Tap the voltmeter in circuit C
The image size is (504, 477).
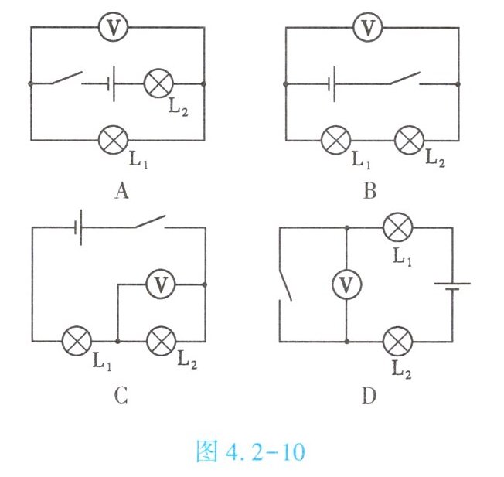[161, 284]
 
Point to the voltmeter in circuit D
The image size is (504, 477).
[347, 285]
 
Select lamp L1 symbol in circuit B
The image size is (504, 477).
[335, 140]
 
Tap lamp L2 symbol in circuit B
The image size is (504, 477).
[409, 140]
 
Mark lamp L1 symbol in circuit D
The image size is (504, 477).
[399, 228]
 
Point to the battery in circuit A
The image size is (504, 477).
[113, 83]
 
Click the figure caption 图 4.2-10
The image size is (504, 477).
[250, 451]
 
